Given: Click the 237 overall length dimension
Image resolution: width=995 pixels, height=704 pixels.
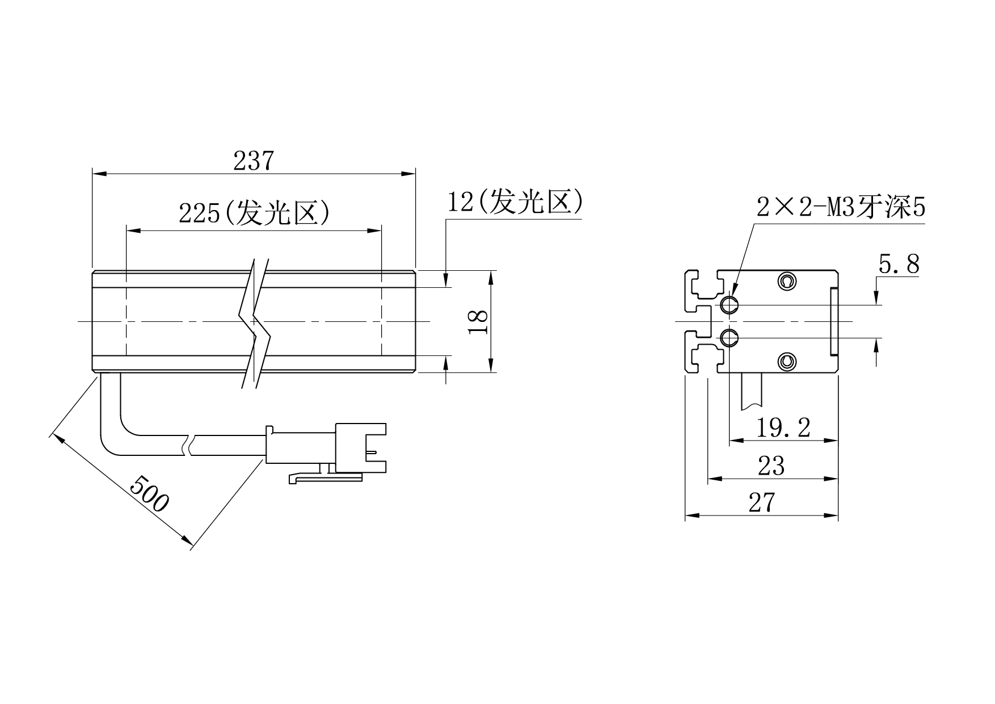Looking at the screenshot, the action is [254, 161].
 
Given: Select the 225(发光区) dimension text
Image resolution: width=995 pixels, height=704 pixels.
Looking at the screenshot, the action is [254, 213].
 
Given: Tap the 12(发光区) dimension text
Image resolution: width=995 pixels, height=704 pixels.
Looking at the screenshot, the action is [515, 202].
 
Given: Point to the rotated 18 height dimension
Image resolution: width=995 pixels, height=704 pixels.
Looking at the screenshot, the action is [480, 321].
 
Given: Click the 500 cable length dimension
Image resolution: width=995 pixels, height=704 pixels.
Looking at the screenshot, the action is [149, 493].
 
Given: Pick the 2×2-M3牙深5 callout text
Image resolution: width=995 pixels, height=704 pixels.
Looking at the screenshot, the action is [841, 207].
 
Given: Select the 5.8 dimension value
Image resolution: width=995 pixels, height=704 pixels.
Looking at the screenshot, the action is [899, 264].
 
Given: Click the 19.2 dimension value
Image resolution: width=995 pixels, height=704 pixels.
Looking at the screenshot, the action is [784, 428].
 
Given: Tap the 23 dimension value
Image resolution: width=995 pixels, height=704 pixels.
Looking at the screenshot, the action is [771, 466].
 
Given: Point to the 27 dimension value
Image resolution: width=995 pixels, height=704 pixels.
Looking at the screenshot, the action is [761, 502].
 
